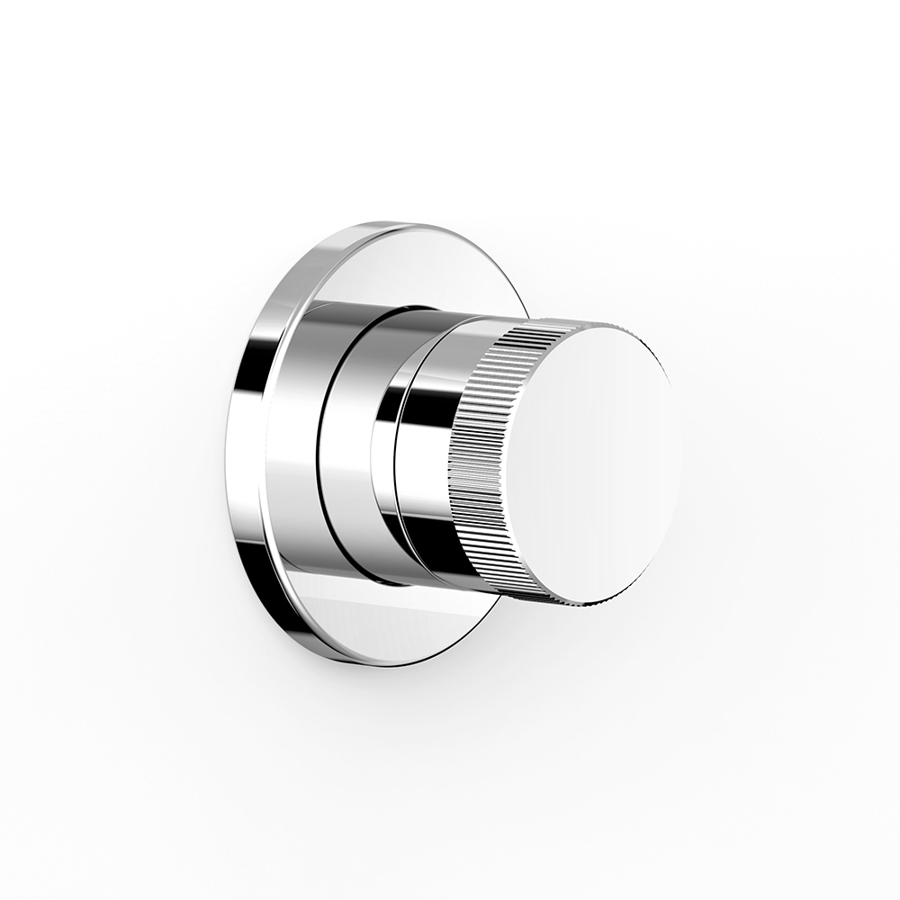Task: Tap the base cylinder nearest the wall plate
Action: point(292,432)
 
